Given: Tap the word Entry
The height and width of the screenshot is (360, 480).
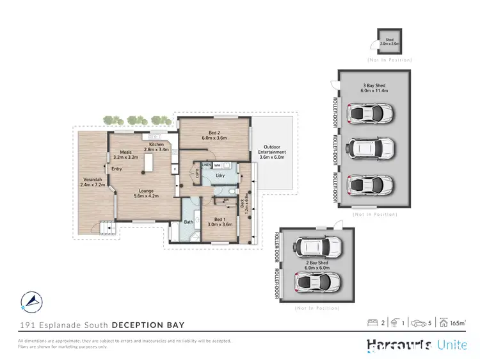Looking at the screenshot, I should pyautogui.click(x=116, y=169).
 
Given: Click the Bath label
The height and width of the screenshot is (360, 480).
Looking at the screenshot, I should pyautogui.click(x=189, y=222).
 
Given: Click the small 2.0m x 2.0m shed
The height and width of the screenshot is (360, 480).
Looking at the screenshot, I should pyautogui.click(x=389, y=42).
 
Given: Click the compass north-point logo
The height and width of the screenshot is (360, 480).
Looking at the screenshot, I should pyautogui.click(x=32, y=299).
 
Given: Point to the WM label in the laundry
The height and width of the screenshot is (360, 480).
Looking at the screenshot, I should pyautogui.click(x=218, y=165).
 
